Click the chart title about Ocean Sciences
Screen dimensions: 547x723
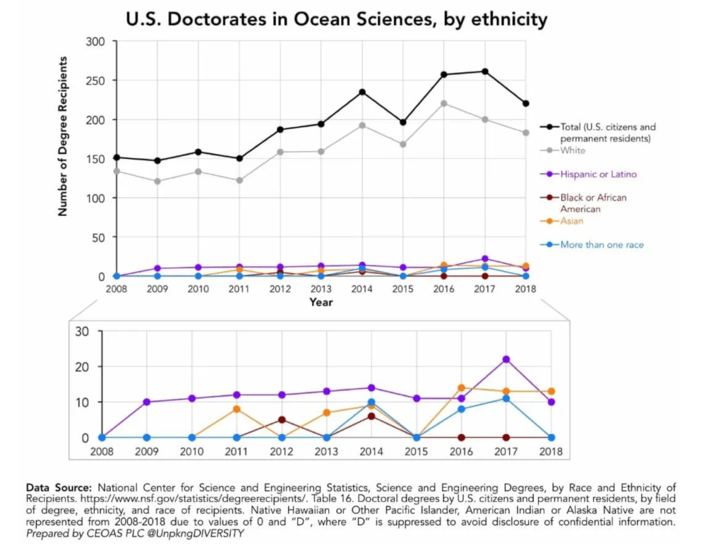coord(336,19)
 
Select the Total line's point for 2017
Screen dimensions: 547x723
coord(484,71)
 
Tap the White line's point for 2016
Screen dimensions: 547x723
coord(443,103)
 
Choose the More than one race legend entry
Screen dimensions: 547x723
coord(601,245)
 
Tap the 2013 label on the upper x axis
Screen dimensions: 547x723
coord(321,289)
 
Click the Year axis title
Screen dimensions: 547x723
coord(321,302)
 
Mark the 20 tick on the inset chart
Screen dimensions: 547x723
coord(81,367)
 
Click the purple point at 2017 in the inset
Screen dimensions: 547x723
coord(506,359)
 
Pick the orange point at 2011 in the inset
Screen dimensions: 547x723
coord(237,409)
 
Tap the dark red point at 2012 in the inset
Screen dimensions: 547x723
coord(282,420)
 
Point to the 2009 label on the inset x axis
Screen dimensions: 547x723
coord(147,450)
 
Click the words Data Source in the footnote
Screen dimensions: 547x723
coord(59,487)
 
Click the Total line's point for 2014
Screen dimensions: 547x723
coord(361,92)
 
